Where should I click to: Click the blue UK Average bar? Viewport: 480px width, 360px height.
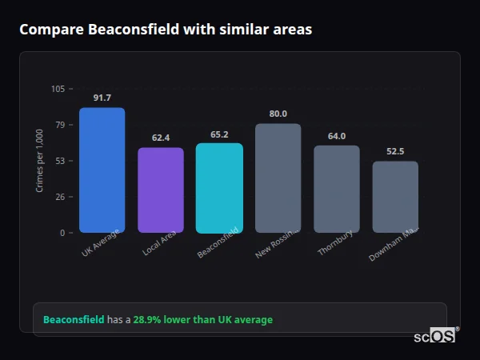pos(102,170)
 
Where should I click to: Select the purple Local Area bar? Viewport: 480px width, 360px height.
pos(161,190)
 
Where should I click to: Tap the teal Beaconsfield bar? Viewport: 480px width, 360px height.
pos(219,187)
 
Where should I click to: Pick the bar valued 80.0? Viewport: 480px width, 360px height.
pos(278,178)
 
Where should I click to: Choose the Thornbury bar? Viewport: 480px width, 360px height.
pos(337,189)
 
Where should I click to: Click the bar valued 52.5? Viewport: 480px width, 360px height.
pos(395,197)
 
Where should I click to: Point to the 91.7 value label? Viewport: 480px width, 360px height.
pos(102,98)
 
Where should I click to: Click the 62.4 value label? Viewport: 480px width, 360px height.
pos(161,138)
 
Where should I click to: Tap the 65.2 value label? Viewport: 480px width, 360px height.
pos(219,134)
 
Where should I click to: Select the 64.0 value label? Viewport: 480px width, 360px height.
pos(337,136)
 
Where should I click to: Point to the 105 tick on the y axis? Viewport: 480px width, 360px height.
pos(58,89)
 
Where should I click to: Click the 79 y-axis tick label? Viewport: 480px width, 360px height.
pos(60,125)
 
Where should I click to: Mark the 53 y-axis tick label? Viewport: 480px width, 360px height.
pos(60,161)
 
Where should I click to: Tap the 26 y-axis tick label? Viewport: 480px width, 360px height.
pos(60,197)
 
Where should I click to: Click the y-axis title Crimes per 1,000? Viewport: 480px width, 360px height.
pos(40,161)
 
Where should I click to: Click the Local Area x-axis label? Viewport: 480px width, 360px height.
pos(158,244)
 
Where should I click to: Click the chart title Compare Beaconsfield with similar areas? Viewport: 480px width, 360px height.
pos(166,30)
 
